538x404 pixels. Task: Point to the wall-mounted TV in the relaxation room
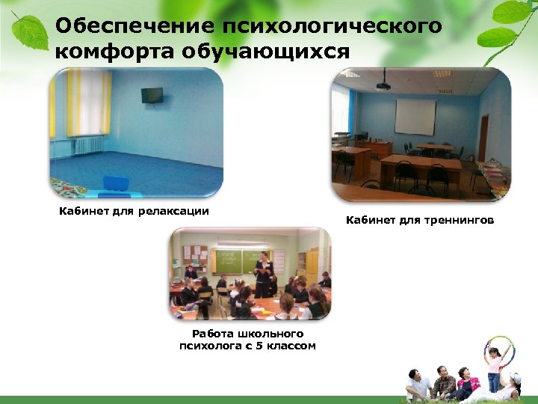(x=152, y=95)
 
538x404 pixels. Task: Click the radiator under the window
(x=87, y=144)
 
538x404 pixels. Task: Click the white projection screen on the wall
(x=415, y=117)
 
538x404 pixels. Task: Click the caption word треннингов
(x=454, y=221)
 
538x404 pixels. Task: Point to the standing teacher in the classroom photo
(x=262, y=275)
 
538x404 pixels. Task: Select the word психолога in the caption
(x=212, y=346)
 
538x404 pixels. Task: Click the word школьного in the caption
(x=270, y=334)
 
